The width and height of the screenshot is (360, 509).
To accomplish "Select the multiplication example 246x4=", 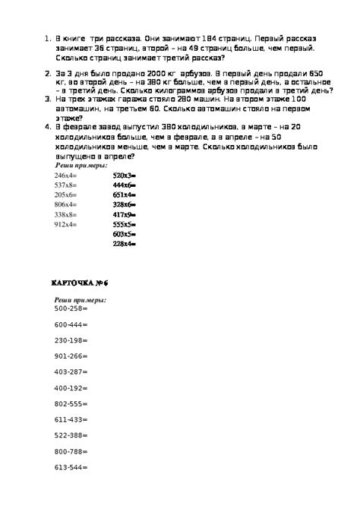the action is [x=66, y=175].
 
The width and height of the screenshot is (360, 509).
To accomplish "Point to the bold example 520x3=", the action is [x=124, y=175].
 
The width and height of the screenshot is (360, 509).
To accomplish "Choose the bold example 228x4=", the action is [x=124, y=244].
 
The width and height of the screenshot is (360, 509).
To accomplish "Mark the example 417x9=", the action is [x=124, y=214].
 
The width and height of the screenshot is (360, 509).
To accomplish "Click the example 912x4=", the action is [x=66, y=224].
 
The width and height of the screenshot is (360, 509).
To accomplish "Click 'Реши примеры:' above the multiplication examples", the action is [x=81, y=165].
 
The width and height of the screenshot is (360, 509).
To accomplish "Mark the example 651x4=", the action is [x=124, y=194].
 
